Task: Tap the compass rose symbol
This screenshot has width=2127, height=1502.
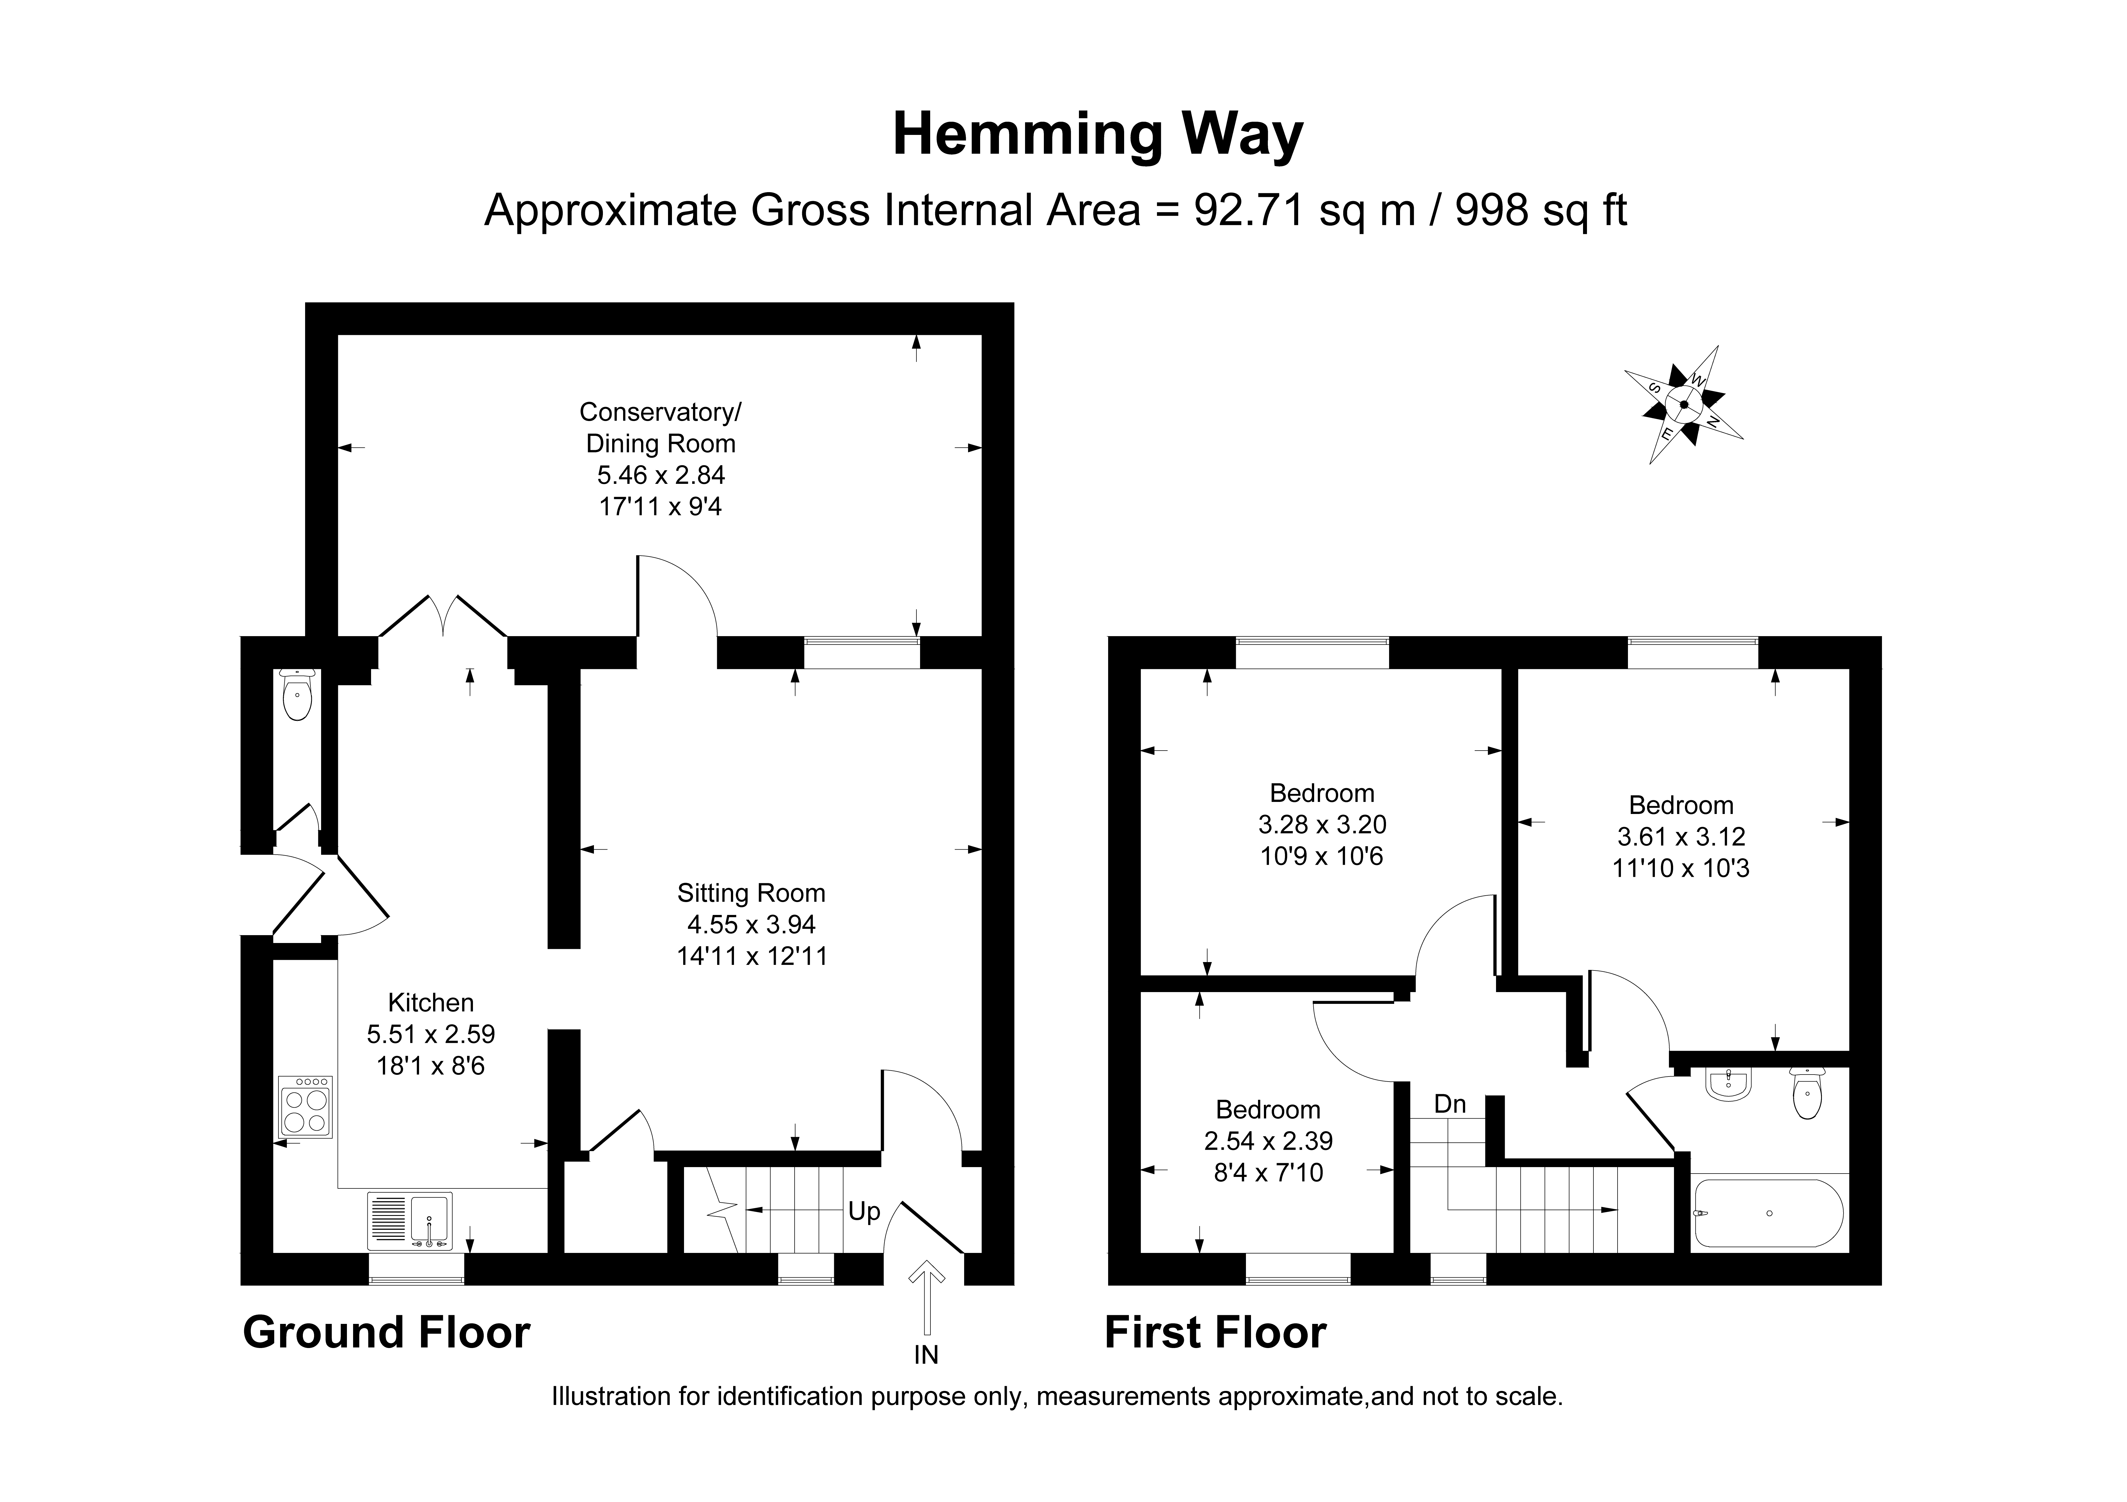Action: (x=1683, y=405)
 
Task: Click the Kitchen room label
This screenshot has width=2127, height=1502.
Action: (x=431, y=1002)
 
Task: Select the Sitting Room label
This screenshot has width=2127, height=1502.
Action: (x=751, y=893)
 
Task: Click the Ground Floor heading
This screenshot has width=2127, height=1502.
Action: (x=386, y=1333)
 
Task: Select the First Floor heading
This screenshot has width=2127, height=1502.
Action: (x=1215, y=1333)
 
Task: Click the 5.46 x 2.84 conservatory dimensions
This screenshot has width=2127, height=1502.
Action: (x=660, y=475)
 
